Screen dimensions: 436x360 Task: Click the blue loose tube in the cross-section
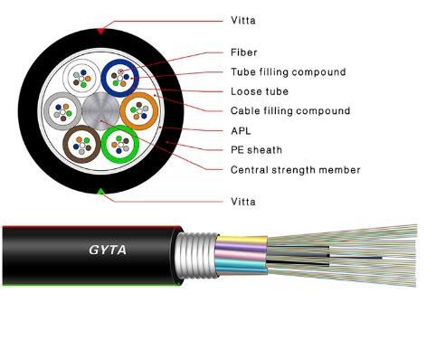click(x=119, y=78)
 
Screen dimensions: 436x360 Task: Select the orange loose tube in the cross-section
click(x=138, y=111)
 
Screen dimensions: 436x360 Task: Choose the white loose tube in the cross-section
click(x=80, y=77)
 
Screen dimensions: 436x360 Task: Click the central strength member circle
click(x=100, y=110)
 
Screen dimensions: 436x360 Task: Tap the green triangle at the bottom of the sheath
click(x=100, y=190)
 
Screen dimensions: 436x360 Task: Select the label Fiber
click(x=244, y=52)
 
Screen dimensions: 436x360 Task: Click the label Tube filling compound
click(x=288, y=71)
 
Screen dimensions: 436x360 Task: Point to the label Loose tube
click(x=260, y=91)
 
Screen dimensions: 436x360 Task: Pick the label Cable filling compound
click(x=290, y=111)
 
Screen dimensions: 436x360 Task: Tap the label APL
click(x=242, y=130)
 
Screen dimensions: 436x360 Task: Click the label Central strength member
click(x=296, y=169)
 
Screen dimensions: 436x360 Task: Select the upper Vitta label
click(x=243, y=17)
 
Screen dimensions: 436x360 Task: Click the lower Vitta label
click(x=243, y=200)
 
